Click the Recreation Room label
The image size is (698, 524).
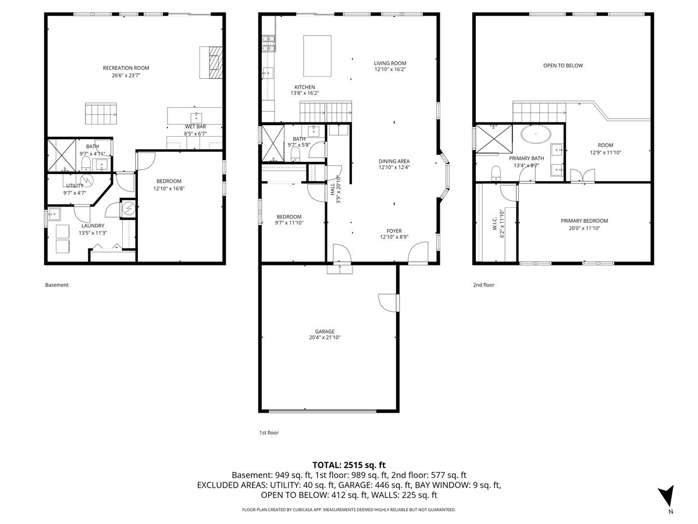126,68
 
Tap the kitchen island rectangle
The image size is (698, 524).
317,56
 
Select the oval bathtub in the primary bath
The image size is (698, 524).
536,134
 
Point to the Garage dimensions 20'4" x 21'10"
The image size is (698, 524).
325,338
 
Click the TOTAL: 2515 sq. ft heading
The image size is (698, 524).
349,465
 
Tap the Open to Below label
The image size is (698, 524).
563,66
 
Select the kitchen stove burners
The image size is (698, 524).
268,44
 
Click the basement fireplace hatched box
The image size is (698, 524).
216,63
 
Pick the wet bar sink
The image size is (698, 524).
196,118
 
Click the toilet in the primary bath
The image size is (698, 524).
496,173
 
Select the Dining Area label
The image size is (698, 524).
394,161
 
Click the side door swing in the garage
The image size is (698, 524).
388,303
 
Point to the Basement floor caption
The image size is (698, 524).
56,285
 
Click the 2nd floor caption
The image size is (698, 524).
483,285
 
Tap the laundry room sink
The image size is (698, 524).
54,214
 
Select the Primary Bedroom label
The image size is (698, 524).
584,221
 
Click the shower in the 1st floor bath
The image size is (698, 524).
273,143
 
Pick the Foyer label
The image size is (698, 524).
394,231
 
